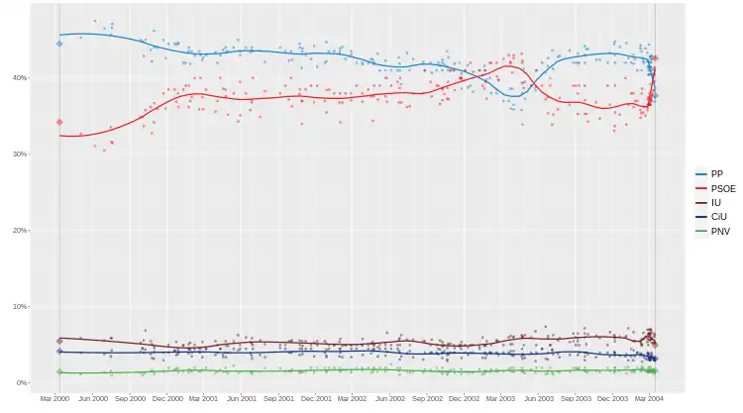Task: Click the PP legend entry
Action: pos(709,173)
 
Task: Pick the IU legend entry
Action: pos(709,202)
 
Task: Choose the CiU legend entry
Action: pos(709,217)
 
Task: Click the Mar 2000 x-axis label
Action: pos(55,398)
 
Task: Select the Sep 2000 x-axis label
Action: pos(131,398)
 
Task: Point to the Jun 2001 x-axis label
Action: pos(242,398)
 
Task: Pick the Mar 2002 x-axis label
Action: pos(352,398)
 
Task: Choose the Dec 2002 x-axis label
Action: pos(464,398)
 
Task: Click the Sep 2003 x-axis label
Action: pos(576,398)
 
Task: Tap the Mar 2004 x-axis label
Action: pos(650,398)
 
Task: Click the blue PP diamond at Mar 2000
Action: pos(59,44)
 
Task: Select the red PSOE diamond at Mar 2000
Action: pos(59,122)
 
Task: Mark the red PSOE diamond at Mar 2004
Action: pos(655,58)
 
